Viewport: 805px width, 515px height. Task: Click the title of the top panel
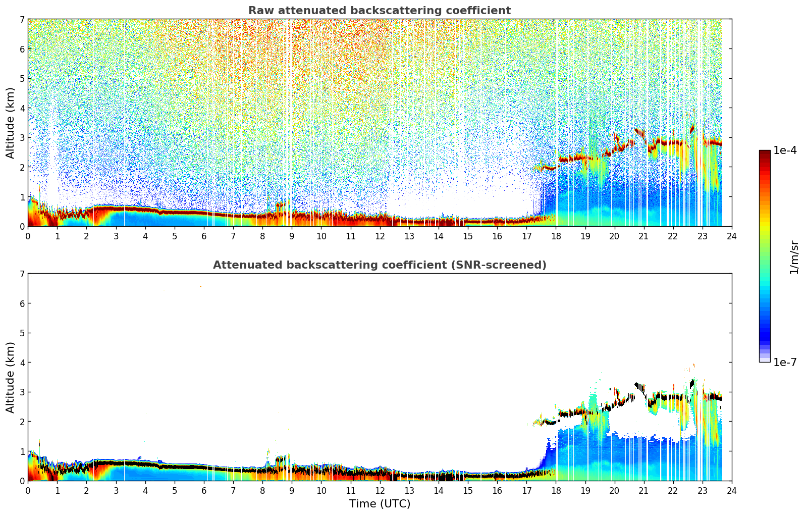click(379, 11)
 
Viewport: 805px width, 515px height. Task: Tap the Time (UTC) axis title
click(380, 503)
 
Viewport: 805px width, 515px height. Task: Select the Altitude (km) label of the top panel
click(11, 123)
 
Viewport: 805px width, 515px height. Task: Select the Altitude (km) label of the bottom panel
click(11, 377)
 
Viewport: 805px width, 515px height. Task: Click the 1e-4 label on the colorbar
click(785, 150)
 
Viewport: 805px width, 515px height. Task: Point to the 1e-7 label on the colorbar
click(785, 362)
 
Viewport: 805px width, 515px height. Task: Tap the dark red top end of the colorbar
click(765, 153)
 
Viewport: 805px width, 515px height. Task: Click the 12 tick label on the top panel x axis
click(380, 236)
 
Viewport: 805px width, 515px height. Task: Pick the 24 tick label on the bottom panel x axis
click(731, 491)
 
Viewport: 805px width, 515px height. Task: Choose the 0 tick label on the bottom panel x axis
click(28, 491)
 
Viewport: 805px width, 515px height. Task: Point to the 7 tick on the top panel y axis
click(22, 19)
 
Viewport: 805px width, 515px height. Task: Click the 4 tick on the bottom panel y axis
click(22, 363)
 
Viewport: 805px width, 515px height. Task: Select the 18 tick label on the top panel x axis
click(556, 236)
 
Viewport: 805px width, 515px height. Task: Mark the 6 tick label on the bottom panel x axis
click(204, 491)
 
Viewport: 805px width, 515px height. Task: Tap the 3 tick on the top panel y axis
click(22, 138)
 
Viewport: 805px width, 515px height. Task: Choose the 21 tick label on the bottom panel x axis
click(643, 491)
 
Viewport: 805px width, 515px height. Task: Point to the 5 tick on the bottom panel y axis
click(22, 333)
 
